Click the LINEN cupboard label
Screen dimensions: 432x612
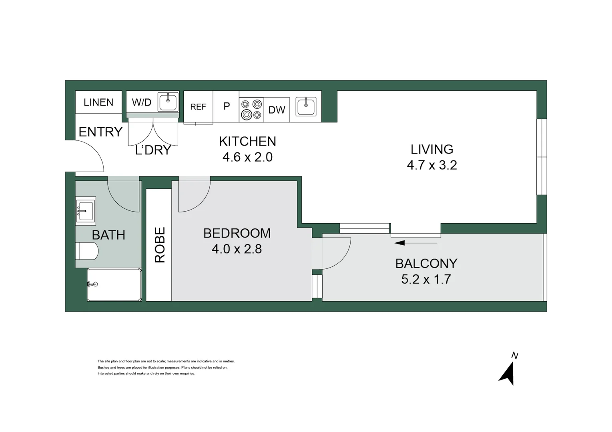pos(98,102)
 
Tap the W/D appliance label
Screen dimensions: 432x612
pos(142,102)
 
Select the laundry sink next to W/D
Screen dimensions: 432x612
pos(168,102)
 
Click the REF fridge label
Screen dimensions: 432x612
pos(198,107)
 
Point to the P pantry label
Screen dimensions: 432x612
pos(227,106)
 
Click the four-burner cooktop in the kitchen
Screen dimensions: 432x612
pos(251,110)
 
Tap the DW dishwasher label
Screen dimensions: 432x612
pos(277,110)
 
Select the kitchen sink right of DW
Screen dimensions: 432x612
pos(306,106)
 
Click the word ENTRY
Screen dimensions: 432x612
pos(100,132)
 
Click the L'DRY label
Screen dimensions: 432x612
pos(153,150)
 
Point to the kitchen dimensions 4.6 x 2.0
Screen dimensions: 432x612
pos(247,157)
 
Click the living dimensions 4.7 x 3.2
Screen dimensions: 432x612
pos(432,165)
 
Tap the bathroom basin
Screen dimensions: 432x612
pos(86,210)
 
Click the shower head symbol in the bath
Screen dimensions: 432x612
pos(93,284)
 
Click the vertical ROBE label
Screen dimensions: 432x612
pos(160,245)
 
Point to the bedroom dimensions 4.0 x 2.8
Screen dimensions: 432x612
pos(237,249)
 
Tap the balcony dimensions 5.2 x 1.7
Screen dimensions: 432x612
pos(426,279)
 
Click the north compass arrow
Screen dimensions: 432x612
pos(508,374)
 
